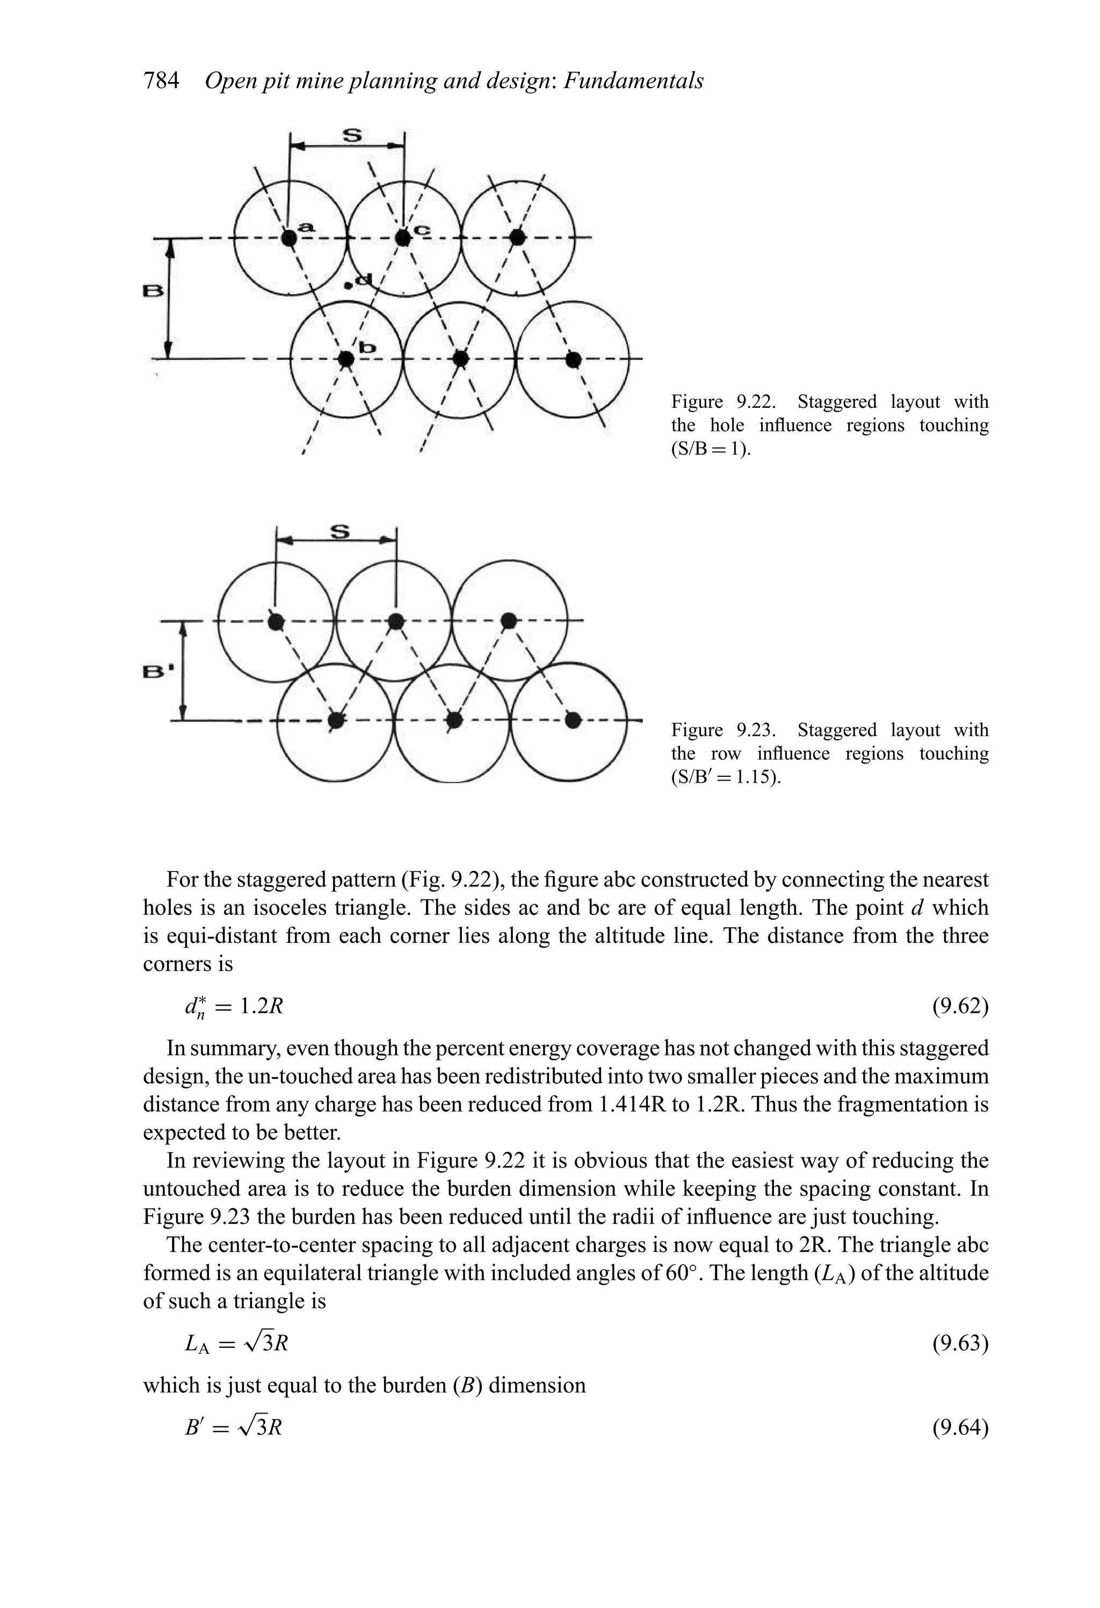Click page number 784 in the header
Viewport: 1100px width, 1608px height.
click(x=161, y=81)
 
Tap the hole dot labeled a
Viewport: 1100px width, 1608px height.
click(x=289, y=238)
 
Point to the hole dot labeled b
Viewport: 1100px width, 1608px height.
click(x=346, y=358)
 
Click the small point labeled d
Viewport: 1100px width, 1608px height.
click(x=349, y=284)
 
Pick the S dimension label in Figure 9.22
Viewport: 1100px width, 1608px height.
click(x=352, y=134)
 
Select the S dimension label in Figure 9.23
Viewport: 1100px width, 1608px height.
click(x=339, y=531)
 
